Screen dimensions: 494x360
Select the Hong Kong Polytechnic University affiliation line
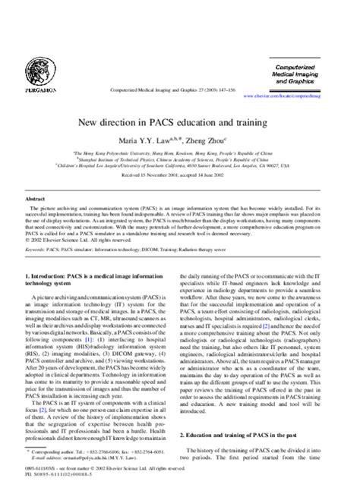click(180, 152)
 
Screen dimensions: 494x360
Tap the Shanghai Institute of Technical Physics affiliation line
click(180, 159)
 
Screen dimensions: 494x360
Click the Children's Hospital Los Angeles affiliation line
click(180, 165)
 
